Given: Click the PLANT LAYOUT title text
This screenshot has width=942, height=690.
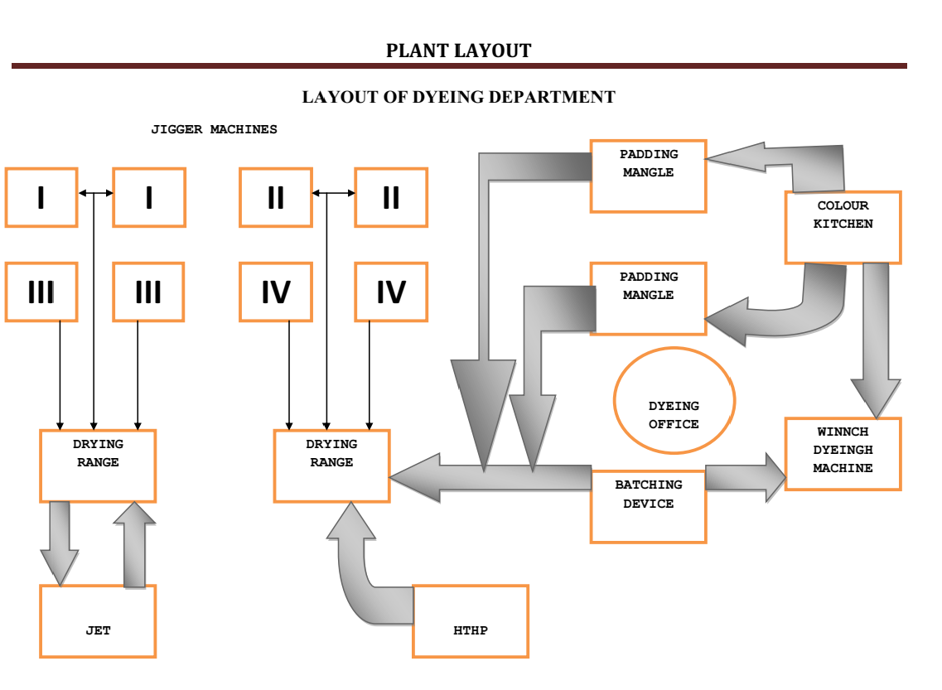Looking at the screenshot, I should tap(458, 51).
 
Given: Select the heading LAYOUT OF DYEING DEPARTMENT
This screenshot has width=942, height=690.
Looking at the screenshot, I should tap(458, 98).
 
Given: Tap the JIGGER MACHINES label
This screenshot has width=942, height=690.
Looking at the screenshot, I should tap(214, 129).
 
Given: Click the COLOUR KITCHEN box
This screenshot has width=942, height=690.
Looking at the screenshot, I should tap(843, 227).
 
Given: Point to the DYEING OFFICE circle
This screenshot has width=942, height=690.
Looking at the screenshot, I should tap(674, 401).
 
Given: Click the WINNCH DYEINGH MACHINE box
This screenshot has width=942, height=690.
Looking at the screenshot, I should tap(843, 454).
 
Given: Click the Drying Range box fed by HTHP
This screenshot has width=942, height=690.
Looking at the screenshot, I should tap(331, 466).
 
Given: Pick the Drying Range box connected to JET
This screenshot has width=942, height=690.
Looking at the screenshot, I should tap(98, 466).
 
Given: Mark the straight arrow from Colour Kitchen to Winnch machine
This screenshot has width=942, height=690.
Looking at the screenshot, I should tap(876, 340).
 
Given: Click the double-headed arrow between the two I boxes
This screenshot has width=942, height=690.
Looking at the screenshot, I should tap(95, 194).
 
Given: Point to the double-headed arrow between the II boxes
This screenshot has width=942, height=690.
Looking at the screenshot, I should tap(333, 194).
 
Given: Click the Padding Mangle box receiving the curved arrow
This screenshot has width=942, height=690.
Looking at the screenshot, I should tap(648, 298).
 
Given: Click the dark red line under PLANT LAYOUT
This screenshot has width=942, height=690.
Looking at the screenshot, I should tap(458, 65).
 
